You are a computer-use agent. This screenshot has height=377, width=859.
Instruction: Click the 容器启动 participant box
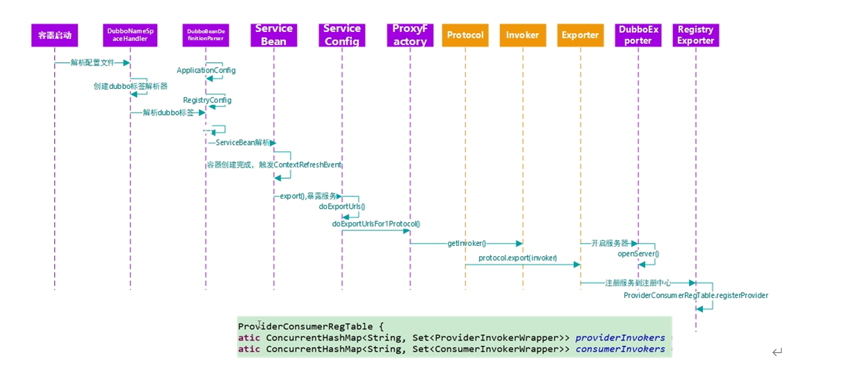pyautogui.click(x=55, y=35)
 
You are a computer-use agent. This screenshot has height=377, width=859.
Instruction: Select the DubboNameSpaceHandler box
pyautogui.click(x=130, y=35)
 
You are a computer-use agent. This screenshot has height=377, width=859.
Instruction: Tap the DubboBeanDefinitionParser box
pyautogui.click(x=206, y=35)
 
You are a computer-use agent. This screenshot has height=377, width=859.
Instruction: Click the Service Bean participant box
pyautogui.click(x=274, y=35)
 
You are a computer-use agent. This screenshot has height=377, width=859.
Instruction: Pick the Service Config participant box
pyautogui.click(x=342, y=35)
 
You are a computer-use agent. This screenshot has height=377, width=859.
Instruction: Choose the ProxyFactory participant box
pyautogui.click(x=410, y=35)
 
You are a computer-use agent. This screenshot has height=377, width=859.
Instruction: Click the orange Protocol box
pyautogui.click(x=465, y=35)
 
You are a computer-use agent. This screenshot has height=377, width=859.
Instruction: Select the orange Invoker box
pyautogui.click(x=522, y=35)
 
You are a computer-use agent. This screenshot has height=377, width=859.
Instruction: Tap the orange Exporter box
pyautogui.click(x=580, y=35)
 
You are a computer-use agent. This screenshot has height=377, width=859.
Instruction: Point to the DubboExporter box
pyautogui.click(x=638, y=35)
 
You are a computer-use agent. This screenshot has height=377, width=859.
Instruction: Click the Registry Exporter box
pyautogui.click(x=696, y=35)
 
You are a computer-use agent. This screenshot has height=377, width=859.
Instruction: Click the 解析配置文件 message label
pyautogui.click(x=92, y=62)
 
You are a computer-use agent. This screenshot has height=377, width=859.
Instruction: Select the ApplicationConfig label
pyautogui.click(x=206, y=70)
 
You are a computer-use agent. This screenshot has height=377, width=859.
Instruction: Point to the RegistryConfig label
pyautogui.click(x=207, y=100)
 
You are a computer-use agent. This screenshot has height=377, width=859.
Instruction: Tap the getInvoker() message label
pyautogui.click(x=467, y=243)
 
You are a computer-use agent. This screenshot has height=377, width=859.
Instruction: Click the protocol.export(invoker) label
pyautogui.click(x=518, y=258)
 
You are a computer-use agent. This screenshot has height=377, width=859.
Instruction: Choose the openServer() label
pyautogui.click(x=638, y=254)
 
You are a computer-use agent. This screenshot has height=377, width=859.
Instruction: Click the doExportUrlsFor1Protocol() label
pyautogui.click(x=376, y=224)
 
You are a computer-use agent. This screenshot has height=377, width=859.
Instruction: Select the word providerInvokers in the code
pyautogui.click(x=620, y=338)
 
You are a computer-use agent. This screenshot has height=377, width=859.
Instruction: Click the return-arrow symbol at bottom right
pyautogui.click(x=777, y=352)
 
